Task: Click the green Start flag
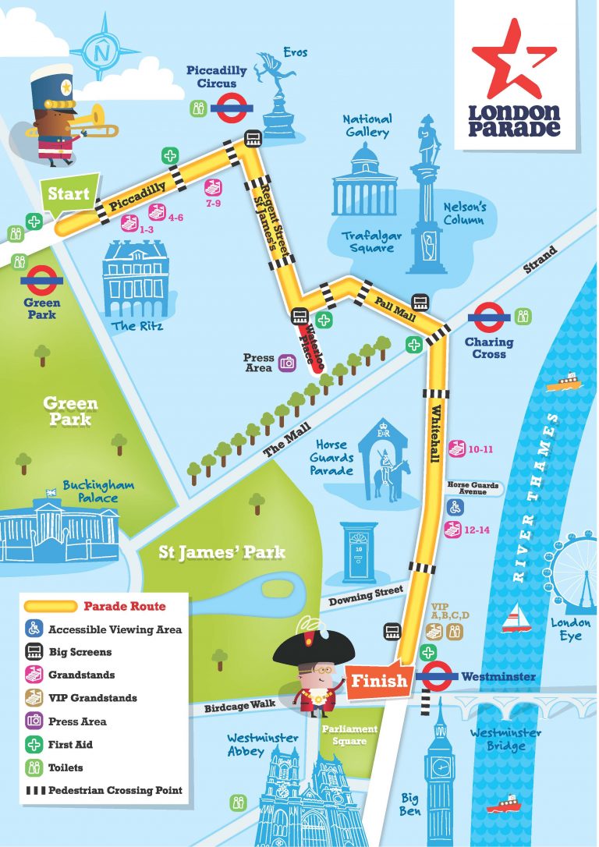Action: click(x=69, y=193)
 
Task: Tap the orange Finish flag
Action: click(x=378, y=680)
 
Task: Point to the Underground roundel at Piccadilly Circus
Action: click(x=231, y=108)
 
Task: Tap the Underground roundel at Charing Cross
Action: click(x=488, y=317)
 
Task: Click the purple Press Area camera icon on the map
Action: click(x=288, y=362)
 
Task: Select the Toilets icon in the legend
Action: click(x=34, y=767)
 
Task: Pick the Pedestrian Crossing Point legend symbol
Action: click(x=34, y=790)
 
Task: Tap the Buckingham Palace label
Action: click(x=98, y=491)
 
